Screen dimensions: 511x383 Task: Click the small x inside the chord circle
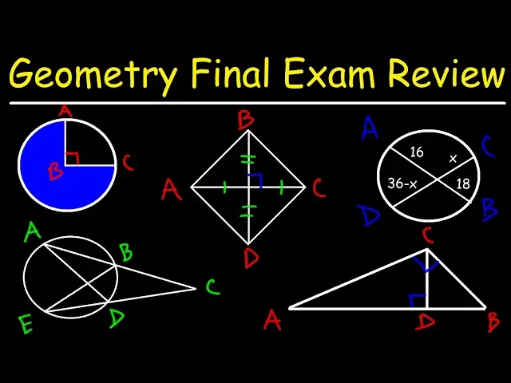pyautogui.click(x=452, y=159)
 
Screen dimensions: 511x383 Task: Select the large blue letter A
pyautogui.click(x=369, y=128)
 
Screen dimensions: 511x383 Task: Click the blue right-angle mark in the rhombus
pyautogui.click(x=255, y=180)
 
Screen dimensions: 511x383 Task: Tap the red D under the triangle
pyautogui.click(x=426, y=322)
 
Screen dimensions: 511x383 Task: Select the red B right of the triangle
pyautogui.click(x=493, y=322)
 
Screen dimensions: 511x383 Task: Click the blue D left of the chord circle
pyautogui.click(x=369, y=215)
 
